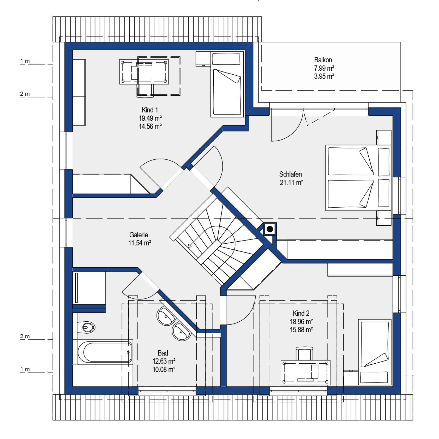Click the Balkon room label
(323, 60)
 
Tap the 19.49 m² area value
(150, 118)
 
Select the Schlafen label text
(290, 174)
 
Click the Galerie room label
(139, 235)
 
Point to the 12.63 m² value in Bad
(164, 361)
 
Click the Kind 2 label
(301, 313)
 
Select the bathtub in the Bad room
(105, 352)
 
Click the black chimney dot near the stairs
(270, 229)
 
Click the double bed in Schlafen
(358, 178)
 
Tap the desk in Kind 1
(144, 72)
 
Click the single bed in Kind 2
(375, 352)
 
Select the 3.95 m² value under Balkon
(324, 76)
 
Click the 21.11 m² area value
(291, 183)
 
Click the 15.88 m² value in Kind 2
(301, 330)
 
